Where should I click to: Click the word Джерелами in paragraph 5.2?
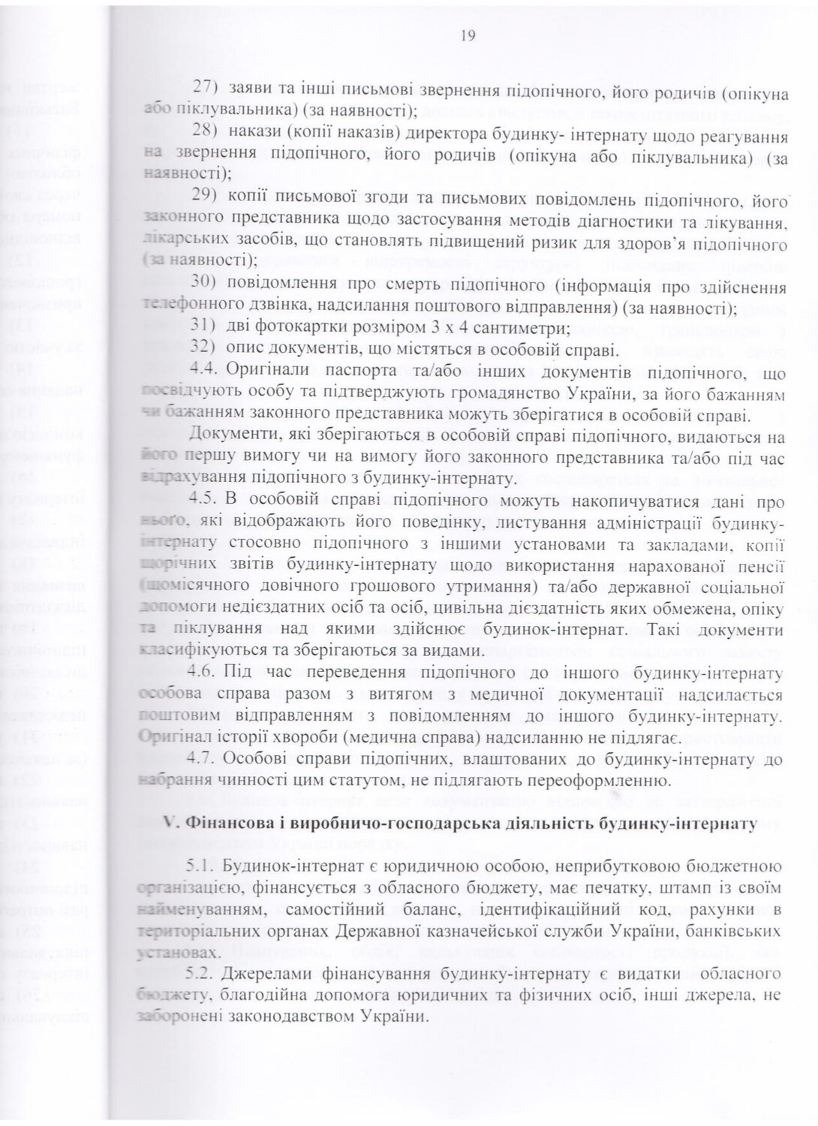(266, 974)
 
